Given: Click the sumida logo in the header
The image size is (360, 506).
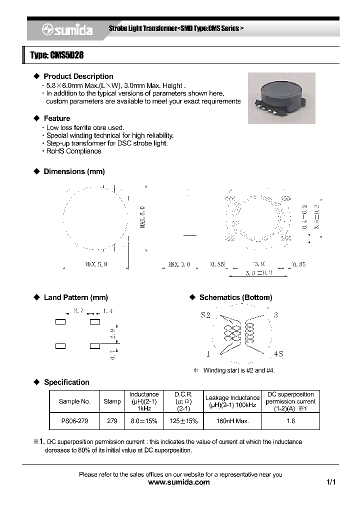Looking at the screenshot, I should [67, 30].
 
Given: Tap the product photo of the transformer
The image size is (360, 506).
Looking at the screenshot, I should [281, 98].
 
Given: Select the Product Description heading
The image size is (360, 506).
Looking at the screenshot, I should [78, 76].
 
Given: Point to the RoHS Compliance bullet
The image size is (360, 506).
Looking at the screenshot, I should [73, 151].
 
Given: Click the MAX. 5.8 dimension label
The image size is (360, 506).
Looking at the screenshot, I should [96, 264].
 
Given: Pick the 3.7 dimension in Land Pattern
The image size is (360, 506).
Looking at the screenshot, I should [78, 311].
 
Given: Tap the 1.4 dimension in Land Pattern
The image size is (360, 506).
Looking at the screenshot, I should [107, 311].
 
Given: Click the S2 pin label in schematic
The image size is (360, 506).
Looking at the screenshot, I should [205, 315].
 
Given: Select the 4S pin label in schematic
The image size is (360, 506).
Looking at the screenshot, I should [278, 354].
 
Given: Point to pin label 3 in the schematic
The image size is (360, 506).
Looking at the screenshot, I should [275, 315].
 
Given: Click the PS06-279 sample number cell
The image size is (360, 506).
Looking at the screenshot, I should [74, 421].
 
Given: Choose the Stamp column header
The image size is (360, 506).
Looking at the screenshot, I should [112, 401].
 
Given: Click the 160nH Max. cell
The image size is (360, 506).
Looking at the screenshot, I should [232, 421].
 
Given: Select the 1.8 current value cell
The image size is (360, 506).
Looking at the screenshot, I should [290, 421].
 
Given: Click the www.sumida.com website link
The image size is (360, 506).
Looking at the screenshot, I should [180, 482].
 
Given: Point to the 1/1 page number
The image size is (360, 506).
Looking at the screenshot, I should [331, 482].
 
